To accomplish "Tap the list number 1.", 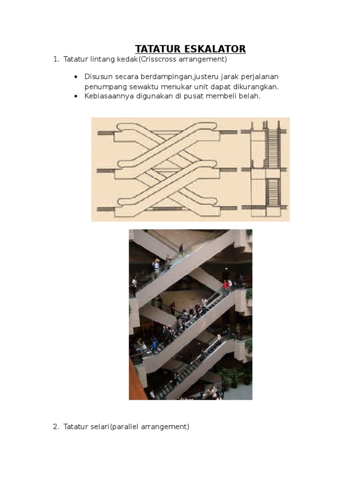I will [x=55, y=60].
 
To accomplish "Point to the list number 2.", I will [x=55, y=427].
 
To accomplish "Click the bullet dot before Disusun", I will [x=75, y=76].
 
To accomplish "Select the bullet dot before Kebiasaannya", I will [x=75, y=96].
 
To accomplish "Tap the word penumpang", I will [x=105, y=87].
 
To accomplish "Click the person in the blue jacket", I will [x=154, y=345].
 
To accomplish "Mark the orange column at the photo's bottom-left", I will [x=135, y=380].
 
